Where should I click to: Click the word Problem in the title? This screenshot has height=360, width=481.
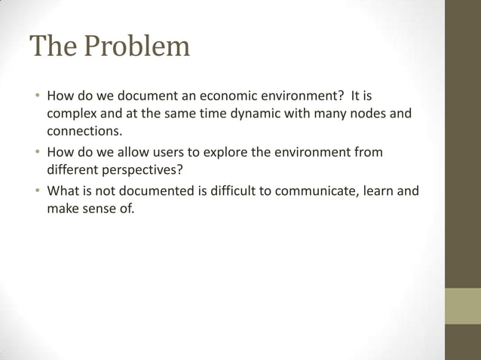[136, 47]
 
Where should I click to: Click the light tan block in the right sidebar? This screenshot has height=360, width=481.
[462, 306]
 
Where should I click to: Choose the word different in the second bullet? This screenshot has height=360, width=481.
[74, 170]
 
